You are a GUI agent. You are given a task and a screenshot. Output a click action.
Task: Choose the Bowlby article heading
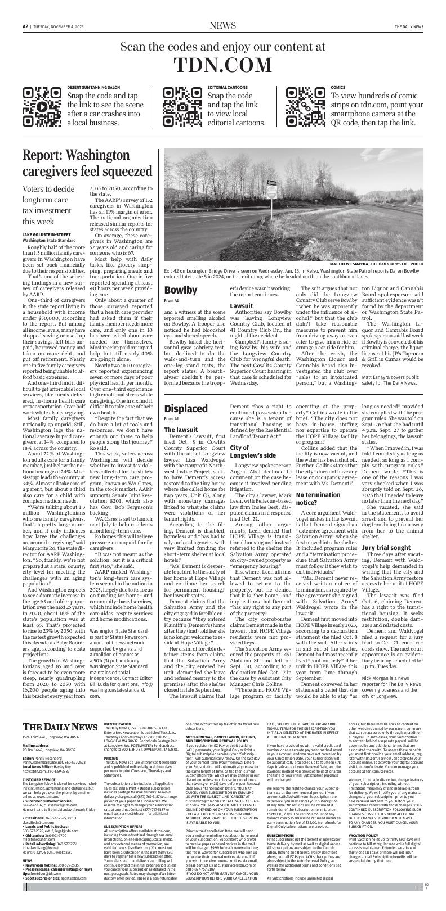click(181, 290)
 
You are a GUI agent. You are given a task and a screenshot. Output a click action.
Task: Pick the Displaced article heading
click(186, 392)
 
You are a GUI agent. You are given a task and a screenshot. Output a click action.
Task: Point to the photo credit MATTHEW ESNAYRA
click(355, 279)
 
